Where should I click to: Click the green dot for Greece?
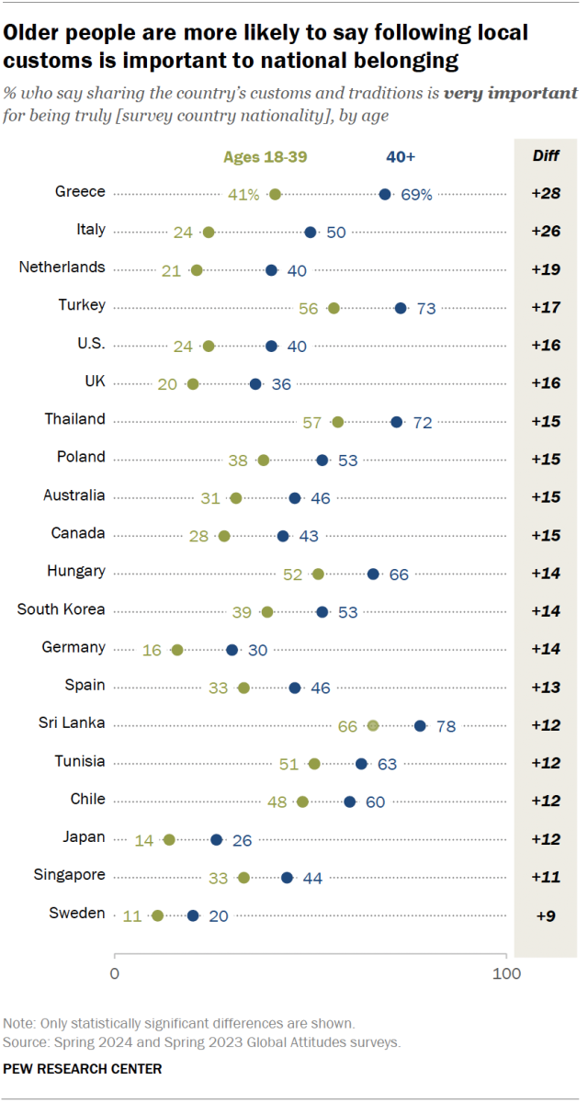(275, 194)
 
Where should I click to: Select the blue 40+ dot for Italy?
(311, 232)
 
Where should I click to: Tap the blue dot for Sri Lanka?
(420, 725)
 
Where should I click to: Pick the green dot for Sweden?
(157, 915)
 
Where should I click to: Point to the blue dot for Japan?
(216, 839)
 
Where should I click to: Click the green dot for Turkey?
(334, 308)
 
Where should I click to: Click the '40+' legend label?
(401, 157)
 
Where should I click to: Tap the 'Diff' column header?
(546, 155)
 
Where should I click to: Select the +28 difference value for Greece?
(546, 194)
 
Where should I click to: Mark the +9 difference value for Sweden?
(546, 915)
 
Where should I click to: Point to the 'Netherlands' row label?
(62, 267)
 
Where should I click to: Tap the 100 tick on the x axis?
(506, 974)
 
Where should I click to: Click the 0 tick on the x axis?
(115, 974)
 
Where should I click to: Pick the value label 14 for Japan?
(144, 839)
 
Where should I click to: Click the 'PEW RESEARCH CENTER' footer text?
(83, 1069)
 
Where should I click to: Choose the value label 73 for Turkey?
(425, 308)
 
